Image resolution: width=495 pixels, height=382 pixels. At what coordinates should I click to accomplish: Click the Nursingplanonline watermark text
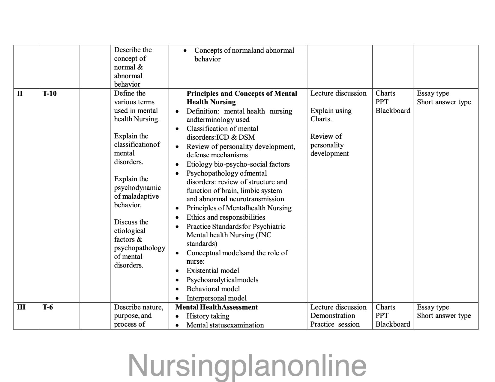247,366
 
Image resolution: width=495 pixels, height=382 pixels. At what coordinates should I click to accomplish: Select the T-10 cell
49,93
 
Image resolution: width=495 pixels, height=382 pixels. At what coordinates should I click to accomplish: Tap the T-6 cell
48,307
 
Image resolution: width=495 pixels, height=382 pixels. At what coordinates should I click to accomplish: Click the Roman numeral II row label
20,93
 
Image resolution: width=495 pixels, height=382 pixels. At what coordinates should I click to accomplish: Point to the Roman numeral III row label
21,307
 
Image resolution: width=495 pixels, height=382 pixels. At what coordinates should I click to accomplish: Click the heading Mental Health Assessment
216,307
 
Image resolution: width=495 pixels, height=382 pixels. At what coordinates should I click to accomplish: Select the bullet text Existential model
213,271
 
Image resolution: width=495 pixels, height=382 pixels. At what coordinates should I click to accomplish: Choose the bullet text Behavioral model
213,289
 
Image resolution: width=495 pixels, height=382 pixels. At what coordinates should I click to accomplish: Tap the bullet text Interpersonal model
216,298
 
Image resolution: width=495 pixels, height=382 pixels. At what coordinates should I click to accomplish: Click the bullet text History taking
208,316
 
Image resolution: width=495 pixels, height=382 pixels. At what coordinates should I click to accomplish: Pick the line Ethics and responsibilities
226,217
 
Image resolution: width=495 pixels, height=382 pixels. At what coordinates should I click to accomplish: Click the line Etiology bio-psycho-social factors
238,164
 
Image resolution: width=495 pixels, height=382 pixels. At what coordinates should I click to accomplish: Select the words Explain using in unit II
331,111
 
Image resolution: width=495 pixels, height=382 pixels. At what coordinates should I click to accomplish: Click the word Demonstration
332,315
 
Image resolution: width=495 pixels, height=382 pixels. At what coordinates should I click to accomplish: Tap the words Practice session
335,324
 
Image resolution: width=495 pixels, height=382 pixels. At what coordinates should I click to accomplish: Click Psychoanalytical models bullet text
222,280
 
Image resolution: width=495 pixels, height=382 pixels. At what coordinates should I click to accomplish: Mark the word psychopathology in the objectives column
139,248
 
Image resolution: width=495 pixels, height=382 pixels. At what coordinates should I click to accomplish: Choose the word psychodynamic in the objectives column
137,188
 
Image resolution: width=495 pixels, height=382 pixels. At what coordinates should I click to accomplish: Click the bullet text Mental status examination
225,325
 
